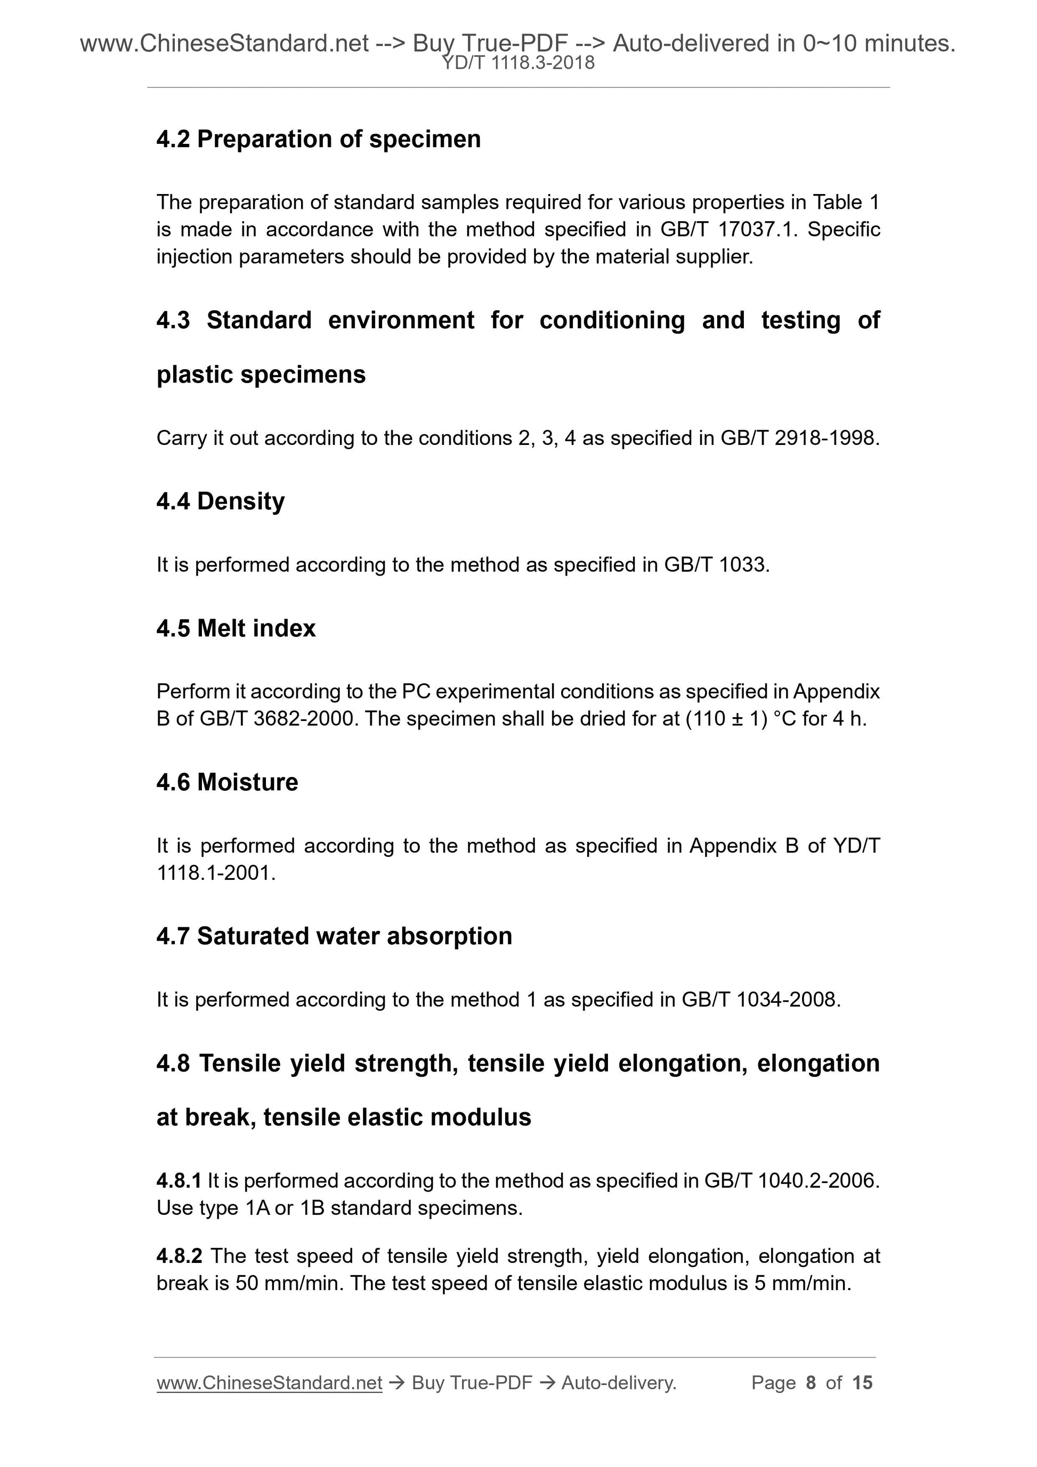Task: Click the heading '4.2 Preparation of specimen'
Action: tap(318, 139)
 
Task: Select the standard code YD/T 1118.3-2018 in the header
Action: tap(518, 63)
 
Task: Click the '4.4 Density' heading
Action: tap(221, 501)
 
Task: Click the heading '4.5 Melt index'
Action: tap(236, 629)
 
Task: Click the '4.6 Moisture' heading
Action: tap(227, 783)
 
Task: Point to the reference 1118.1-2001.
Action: tap(215, 873)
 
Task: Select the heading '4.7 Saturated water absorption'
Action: tap(334, 937)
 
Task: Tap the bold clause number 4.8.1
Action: tap(179, 1181)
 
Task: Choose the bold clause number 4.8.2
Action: tap(179, 1256)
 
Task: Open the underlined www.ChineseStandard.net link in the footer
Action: tap(269, 1383)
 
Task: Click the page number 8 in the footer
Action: tap(811, 1383)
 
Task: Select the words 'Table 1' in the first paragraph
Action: tap(846, 202)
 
